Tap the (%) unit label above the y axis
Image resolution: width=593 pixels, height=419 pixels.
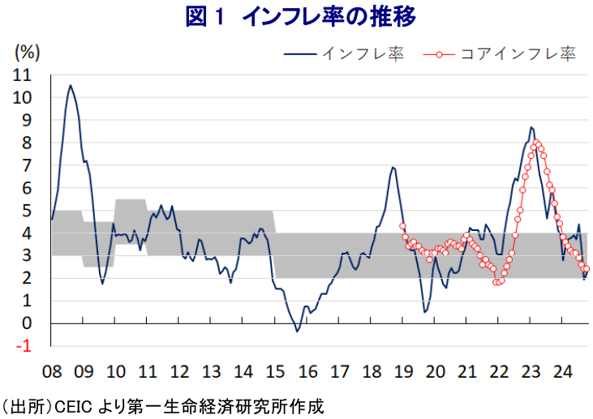[27, 54]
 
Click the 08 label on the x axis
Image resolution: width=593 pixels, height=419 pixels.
[52, 372]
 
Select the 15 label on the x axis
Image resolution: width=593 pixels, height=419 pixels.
[275, 372]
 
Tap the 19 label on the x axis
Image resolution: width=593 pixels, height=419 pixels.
[402, 372]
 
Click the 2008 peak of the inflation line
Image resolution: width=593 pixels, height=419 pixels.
[71, 85]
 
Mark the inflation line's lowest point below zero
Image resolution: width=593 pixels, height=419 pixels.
[297, 331]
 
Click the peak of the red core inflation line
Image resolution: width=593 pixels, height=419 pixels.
[537, 143]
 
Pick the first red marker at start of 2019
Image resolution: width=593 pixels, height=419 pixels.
[402, 226]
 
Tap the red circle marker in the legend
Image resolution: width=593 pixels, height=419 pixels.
[439, 54]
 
